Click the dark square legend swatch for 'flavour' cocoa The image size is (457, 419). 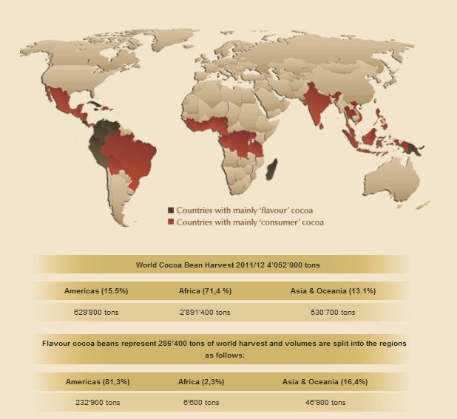171,211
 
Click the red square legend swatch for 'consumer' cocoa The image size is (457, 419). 171,222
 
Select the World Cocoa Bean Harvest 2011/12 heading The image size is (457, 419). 222,265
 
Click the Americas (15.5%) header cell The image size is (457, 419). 96,291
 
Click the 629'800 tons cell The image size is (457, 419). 96,313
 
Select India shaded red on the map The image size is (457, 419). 316,105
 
